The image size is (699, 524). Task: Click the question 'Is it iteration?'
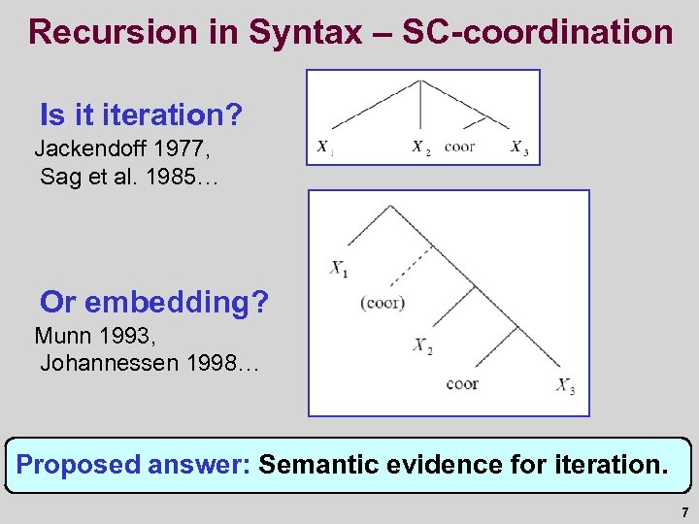pos(141,116)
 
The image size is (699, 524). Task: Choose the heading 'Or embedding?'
pos(154,303)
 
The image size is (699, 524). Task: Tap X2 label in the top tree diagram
pos(420,148)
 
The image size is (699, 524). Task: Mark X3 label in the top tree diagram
pos(519,148)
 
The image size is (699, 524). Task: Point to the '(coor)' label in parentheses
pos(383,303)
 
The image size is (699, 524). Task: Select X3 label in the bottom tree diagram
pos(566,385)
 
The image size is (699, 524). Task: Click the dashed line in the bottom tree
pos(413,263)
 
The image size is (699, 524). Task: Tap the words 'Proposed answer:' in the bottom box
pos(134,465)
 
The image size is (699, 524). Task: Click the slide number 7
pos(684,512)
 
